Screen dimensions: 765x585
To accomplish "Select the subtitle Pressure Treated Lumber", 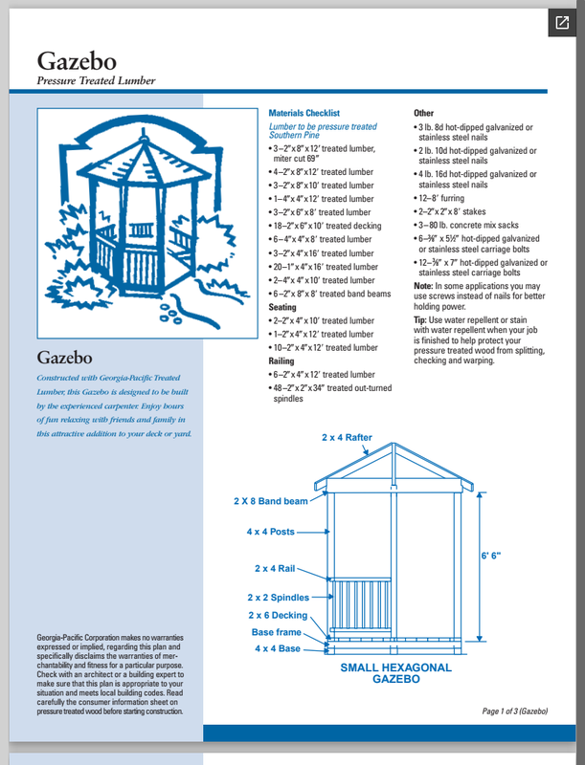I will coord(96,81).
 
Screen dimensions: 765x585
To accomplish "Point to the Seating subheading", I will coord(282,308).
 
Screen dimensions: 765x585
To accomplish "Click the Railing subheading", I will coord(281,362).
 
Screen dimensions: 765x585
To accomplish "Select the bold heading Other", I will coord(423,113).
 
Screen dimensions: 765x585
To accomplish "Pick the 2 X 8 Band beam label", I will coord(271,500).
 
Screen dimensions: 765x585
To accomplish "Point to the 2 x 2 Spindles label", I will coord(279,598).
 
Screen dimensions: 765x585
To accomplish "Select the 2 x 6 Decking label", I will coord(279,615).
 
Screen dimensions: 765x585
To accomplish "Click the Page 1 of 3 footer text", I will coord(515,711).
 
